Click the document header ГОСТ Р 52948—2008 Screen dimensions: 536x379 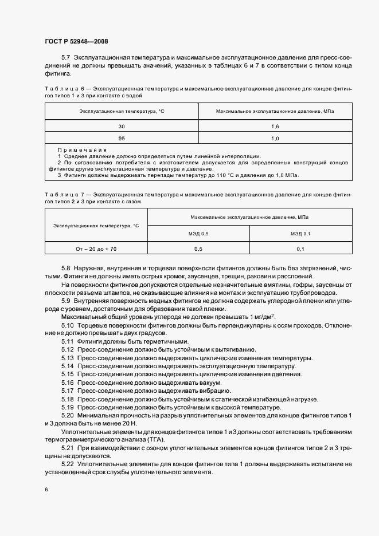76,41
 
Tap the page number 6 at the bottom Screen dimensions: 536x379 46,490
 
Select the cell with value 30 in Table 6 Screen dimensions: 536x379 121,126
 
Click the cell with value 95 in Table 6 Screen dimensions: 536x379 121,139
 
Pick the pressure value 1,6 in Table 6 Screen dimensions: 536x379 275,126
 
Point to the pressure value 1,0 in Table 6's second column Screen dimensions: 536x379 275,139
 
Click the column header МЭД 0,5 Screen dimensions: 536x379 198,234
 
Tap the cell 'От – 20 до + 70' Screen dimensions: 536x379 96,249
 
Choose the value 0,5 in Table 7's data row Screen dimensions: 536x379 198,249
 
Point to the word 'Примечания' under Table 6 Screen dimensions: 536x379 82,150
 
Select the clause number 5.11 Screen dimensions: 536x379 67,341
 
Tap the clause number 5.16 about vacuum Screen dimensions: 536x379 67,383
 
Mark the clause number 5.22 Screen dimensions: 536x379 67,464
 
